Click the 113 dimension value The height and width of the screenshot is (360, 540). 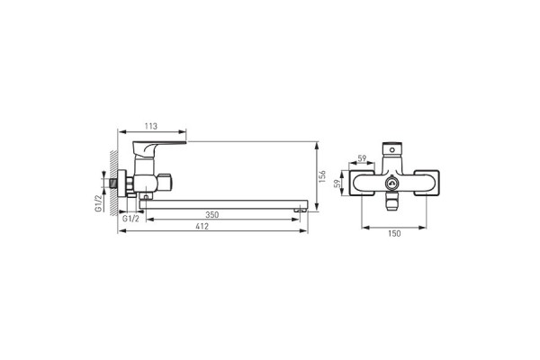[151, 126]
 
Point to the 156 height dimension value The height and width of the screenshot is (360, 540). [322, 176]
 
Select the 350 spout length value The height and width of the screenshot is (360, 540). [212, 215]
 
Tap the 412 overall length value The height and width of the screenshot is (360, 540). [202, 226]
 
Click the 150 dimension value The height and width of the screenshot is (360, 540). [394, 234]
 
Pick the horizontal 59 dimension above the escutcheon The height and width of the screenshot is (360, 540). [362, 158]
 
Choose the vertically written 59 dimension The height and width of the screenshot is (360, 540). [337, 184]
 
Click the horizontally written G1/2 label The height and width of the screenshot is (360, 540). [130, 219]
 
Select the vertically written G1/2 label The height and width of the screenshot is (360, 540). [98, 202]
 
